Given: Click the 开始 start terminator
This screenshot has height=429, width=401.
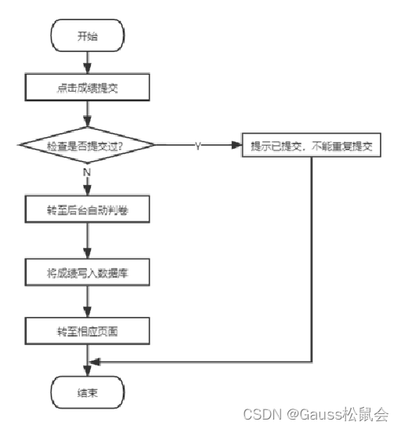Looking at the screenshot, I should pos(87,36).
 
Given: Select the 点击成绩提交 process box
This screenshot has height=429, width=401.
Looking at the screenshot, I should pos(87,89).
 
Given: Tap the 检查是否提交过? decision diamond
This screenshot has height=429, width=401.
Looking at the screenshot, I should pos(87,146).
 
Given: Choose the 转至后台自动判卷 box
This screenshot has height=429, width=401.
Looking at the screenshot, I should pos(87,212).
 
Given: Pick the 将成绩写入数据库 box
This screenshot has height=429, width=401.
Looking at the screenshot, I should pos(87,274).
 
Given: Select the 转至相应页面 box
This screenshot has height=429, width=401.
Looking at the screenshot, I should pos(87,333).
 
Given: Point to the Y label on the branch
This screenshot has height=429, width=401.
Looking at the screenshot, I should pos(197,147).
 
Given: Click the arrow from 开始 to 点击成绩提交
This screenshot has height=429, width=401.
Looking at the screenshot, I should pos(87,63).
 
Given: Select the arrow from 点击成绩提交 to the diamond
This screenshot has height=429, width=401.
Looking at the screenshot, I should pos(87,115).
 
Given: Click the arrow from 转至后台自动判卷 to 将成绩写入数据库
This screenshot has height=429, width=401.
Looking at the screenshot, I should pos(87,243).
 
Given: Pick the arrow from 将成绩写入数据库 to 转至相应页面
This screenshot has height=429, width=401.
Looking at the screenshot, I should pos(87,304).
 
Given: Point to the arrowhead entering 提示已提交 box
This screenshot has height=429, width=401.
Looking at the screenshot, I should pos(237,147).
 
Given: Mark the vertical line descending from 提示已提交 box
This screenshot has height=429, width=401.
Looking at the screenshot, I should pos(314,259).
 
